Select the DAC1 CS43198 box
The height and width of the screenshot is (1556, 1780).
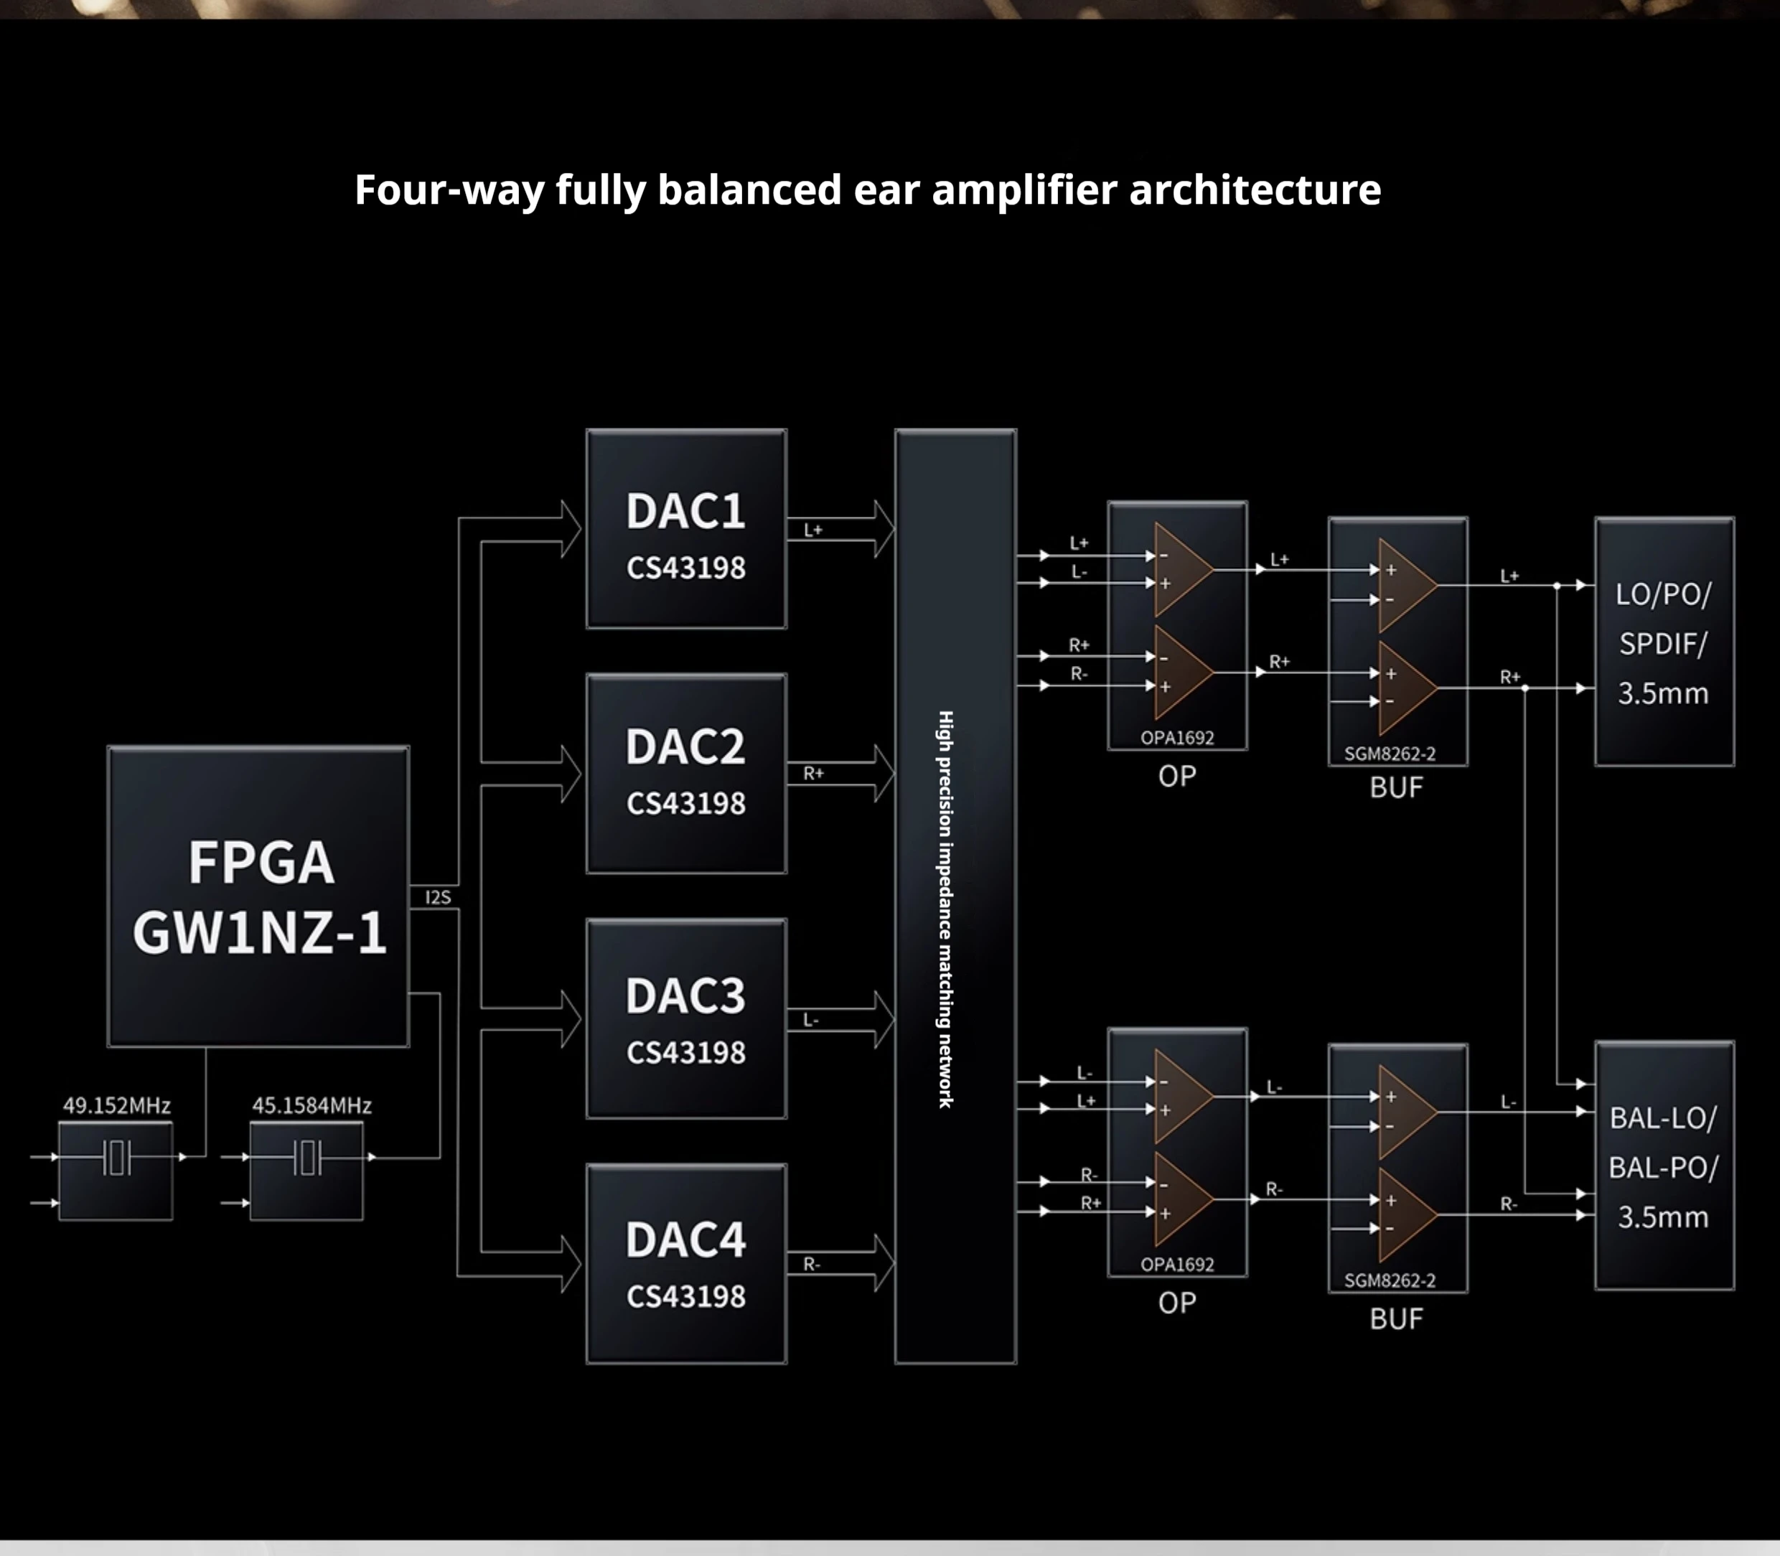point(686,529)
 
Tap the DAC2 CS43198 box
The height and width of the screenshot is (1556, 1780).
point(686,774)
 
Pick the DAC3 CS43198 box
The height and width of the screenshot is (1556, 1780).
point(686,1018)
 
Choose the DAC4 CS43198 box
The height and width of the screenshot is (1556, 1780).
point(686,1263)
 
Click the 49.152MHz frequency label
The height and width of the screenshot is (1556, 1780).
point(116,1105)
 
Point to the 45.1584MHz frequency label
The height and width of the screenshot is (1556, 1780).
point(311,1105)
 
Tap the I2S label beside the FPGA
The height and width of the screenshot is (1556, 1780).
point(439,897)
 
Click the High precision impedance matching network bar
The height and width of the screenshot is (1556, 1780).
point(955,896)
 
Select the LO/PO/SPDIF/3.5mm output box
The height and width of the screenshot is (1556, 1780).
point(1664,642)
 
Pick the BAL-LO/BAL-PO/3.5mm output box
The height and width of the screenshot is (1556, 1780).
point(1664,1166)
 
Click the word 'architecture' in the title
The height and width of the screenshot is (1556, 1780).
point(1255,189)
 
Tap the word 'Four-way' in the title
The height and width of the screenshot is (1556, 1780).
point(449,189)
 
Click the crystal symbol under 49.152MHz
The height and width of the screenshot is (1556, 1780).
point(116,1158)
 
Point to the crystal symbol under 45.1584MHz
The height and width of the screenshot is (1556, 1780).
point(307,1158)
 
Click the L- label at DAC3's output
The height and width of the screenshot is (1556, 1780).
point(811,1019)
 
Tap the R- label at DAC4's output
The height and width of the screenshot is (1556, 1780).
point(812,1265)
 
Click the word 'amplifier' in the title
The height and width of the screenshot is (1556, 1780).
point(1023,189)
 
